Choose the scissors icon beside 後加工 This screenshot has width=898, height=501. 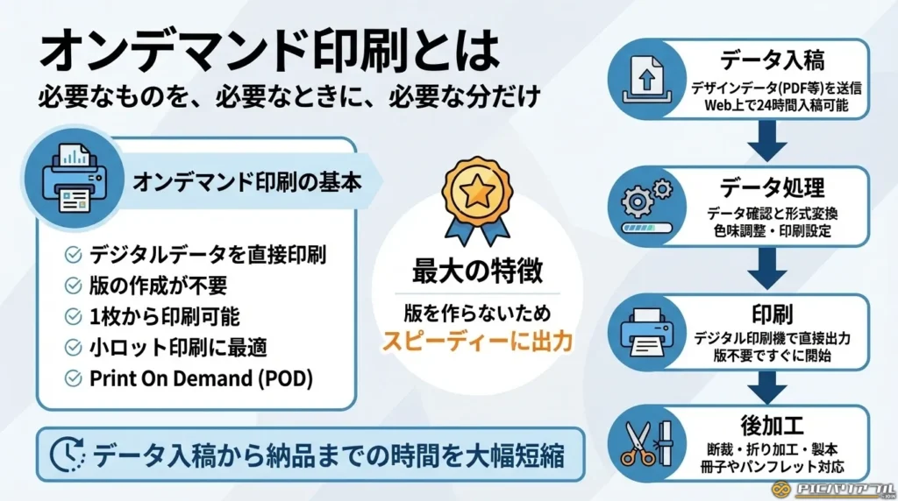(x=645, y=443)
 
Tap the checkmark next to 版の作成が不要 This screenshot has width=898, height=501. (x=74, y=286)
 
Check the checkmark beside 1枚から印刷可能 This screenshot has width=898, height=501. (x=74, y=316)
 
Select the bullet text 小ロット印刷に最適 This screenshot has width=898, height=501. (x=179, y=347)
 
